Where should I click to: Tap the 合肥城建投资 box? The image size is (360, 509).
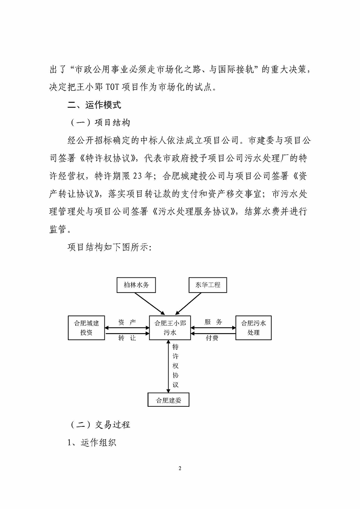pyautogui.click(x=87, y=327)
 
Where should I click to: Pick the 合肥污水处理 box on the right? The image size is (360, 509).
pyautogui.click(x=254, y=327)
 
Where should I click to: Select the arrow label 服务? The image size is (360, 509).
pyautogui.click(x=213, y=322)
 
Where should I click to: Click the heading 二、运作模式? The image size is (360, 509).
pyautogui.click(x=95, y=105)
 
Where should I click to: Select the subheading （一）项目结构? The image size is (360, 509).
pyautogui.click(x=100, y=122)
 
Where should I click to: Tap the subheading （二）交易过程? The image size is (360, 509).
pyautogui.click(x=100, y=424)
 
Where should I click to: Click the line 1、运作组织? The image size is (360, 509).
pyautogui.click(x=92, y=443)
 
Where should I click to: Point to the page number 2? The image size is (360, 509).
pyautogui.click(x=180, y=468)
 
